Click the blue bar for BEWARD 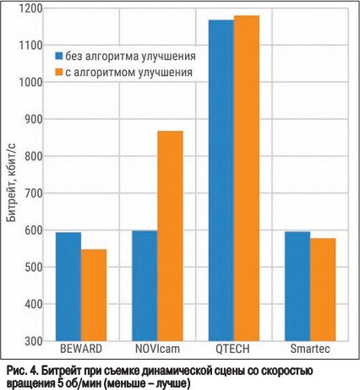click(x=68, y=286)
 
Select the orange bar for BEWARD click(x=94, y=295)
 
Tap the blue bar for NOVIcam click(x=145, y=286)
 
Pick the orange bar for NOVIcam click(x=170, y=236)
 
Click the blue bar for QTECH click(x=221, y=181)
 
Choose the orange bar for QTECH click(x=247, y=178)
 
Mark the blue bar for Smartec click(x=297, y=286)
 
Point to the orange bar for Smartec click(x=323, y=290)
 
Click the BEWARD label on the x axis click(x=81, y=349)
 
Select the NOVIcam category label click(x=157, y=349)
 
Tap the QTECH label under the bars click(x=232, y=349)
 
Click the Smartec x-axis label click(x=310, y=349)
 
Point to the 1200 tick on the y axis click(x=30, y=8)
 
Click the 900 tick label click(x=34, y=119)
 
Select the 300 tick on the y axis click(x=34, y=341)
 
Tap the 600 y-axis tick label click(x=34, y=230)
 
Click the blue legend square click(x=58, y=56)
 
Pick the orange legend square click(x=58, y=72)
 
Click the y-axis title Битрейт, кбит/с click(x=11, y=182)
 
